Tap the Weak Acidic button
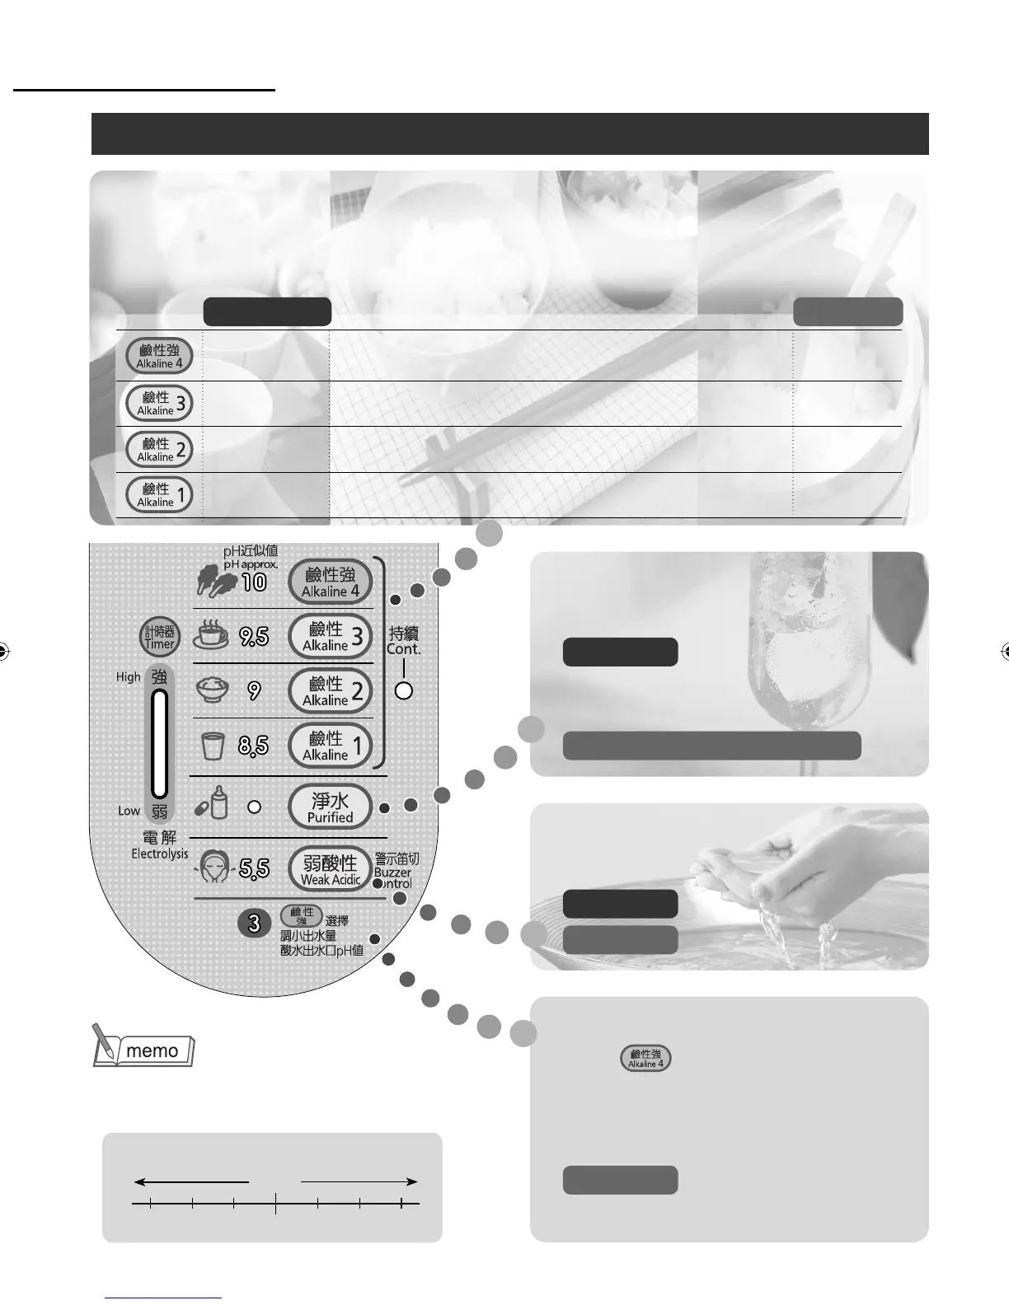click(x=331, y=868)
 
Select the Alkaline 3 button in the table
click(x=159, y=403)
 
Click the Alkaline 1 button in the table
click(x=159, y=494)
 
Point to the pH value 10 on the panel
click(x=254, y=582)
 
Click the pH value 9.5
click(x=254, y=636)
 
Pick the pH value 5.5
click(x=254, y=868)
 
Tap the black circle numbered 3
click(x=254, y=924)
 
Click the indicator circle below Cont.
click(x=403, y=690)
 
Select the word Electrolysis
click(x=160, y=854)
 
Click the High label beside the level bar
click(x=129, y=677)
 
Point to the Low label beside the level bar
click(x=129, y=811)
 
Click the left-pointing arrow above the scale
click(x=190, y=1182)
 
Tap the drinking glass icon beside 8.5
click(x=213, y=746)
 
